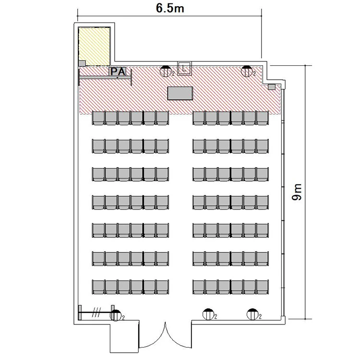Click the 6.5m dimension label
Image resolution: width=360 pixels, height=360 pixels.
click(170, 8)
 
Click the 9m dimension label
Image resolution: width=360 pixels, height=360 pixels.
click(297, 192)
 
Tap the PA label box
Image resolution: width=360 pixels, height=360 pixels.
click(118, 72)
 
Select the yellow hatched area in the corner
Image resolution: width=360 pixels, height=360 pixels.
click(94, 47)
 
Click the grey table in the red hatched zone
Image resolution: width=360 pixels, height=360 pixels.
click(180, 93)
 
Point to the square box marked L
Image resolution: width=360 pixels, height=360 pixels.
click(184, 68)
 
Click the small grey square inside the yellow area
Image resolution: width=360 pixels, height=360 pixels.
click(82, 63)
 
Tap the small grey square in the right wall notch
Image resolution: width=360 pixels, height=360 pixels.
click(272, 87)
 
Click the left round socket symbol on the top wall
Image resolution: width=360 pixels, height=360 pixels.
click(166, 71)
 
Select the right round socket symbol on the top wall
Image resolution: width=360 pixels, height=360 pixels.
click(247, 71)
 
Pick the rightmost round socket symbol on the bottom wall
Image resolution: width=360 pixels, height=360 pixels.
click(252, 314)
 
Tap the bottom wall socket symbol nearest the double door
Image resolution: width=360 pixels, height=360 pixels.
click(208, 314)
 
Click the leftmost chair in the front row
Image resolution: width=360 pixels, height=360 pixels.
click(98, 118)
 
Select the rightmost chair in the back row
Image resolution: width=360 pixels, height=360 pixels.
click(262, 287)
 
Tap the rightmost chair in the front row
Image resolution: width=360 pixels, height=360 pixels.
click(262, 118)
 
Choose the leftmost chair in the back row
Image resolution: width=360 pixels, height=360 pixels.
click(98, 287)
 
